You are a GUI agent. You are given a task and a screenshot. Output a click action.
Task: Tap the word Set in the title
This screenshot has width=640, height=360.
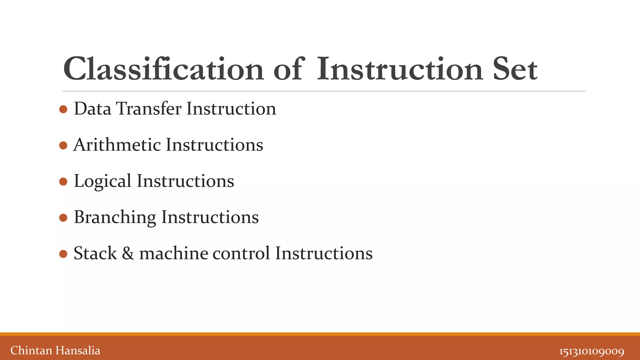click(x=515, y=69)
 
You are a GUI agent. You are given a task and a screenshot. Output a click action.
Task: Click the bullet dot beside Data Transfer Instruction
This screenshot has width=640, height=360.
click(x=63, y=109)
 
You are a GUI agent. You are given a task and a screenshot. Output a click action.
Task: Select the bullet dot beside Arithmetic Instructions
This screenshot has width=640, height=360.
click(x=63, y=145)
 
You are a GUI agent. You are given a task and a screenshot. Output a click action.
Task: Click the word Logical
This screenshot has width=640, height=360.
click(x=102, y=182)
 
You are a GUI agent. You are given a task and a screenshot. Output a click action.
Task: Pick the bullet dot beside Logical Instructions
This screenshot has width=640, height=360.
click(x=63, y=182)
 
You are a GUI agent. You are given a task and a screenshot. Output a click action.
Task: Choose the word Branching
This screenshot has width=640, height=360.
click(x=115, y=217)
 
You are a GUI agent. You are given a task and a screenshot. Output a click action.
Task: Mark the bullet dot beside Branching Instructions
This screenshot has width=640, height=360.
click(x=63, y=217)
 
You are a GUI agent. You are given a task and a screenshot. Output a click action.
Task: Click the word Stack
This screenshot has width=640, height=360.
click(x=95, y=253)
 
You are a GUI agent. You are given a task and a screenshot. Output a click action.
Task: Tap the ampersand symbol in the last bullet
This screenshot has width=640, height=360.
click(x=128, y=253)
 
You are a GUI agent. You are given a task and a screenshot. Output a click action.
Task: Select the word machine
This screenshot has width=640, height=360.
click(x=174, y=253)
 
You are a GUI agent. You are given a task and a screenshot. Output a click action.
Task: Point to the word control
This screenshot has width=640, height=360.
click(x=241, y=253)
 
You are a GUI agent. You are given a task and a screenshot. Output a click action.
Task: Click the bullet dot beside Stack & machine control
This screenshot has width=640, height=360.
click(x=63, y=254)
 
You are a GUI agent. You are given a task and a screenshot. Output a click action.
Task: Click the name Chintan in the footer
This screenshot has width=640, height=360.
click(x=31, y=351)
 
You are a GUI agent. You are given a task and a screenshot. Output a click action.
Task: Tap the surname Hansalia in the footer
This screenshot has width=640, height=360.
click(x=78, y=351)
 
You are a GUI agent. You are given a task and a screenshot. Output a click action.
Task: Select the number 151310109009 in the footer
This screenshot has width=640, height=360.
click(x=592, y=351)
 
